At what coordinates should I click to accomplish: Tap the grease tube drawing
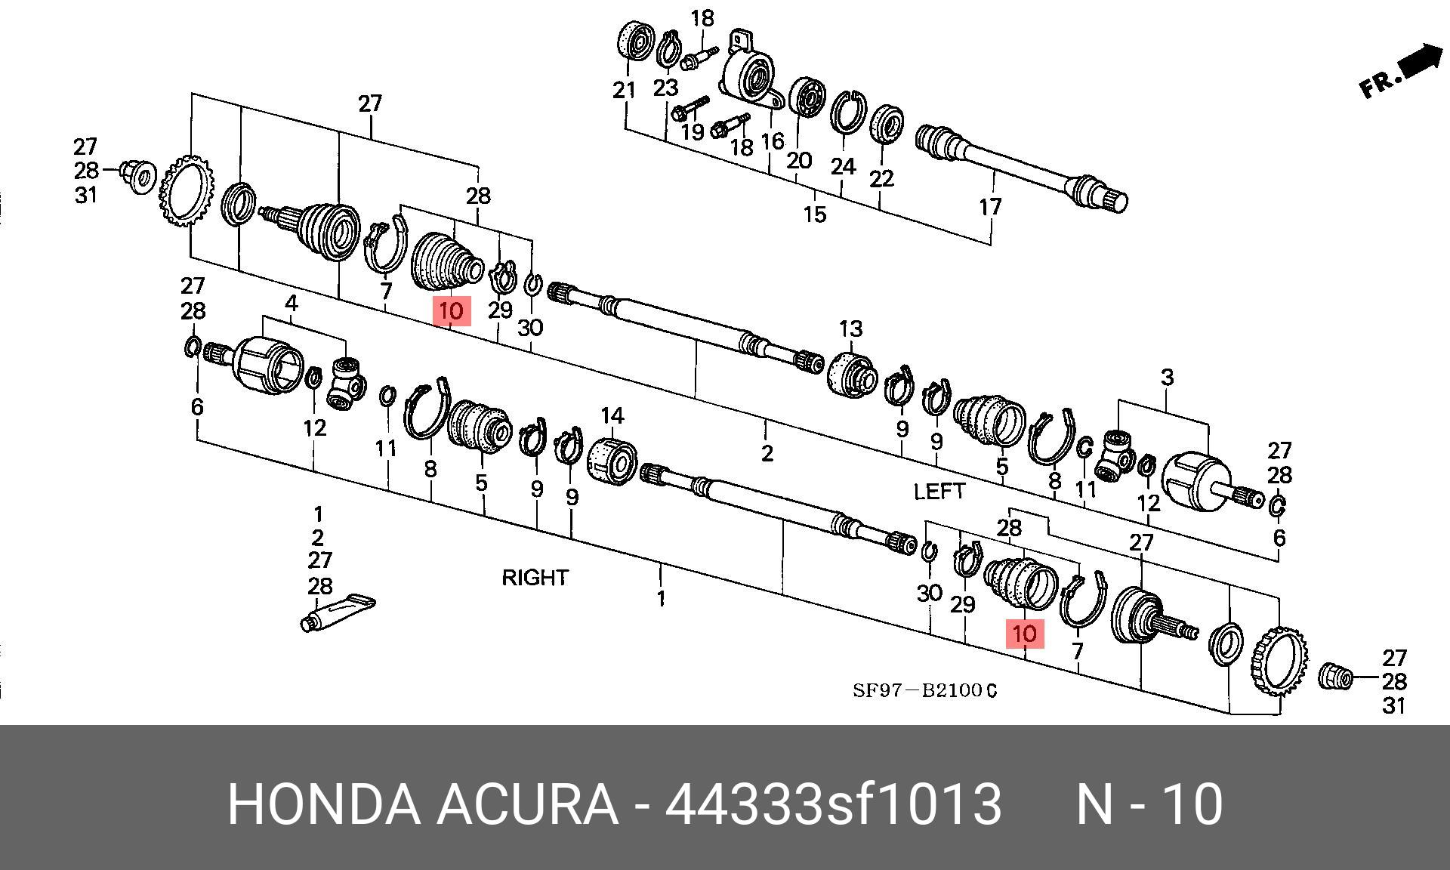338,612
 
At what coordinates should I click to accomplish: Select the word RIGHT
535,578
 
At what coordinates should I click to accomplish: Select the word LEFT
939,492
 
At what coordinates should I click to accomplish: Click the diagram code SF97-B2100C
924,690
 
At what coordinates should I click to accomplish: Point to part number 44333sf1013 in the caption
833,804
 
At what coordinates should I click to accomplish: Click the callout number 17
989,206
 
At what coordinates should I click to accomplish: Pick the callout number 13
850,329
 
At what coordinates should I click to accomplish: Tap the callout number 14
612,416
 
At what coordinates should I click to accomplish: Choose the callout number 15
814,214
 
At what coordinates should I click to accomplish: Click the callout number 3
1167,377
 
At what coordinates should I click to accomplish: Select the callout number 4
292,304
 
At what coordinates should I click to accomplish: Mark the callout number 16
773,141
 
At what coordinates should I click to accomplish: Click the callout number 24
843,166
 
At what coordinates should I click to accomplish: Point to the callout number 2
767,453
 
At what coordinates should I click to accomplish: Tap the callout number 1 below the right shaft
661,599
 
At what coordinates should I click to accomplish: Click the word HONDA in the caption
323,804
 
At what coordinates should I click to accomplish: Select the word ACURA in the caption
527,804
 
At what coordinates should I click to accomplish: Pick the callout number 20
798,160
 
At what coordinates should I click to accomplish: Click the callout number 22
881,178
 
